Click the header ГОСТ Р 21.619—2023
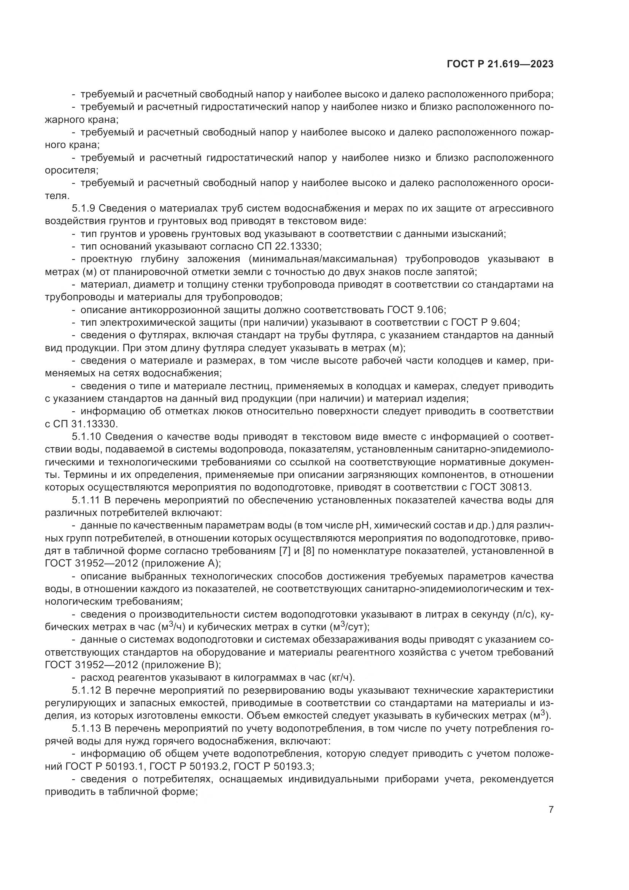(500, 64)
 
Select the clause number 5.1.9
(84, 209)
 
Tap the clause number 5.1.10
(86, 437)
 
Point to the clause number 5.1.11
(86, 500)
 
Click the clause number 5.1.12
(86, 690)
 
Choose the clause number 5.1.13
(86, 728)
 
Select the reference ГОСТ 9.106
(416, 310)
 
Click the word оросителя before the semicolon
(70, 170)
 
